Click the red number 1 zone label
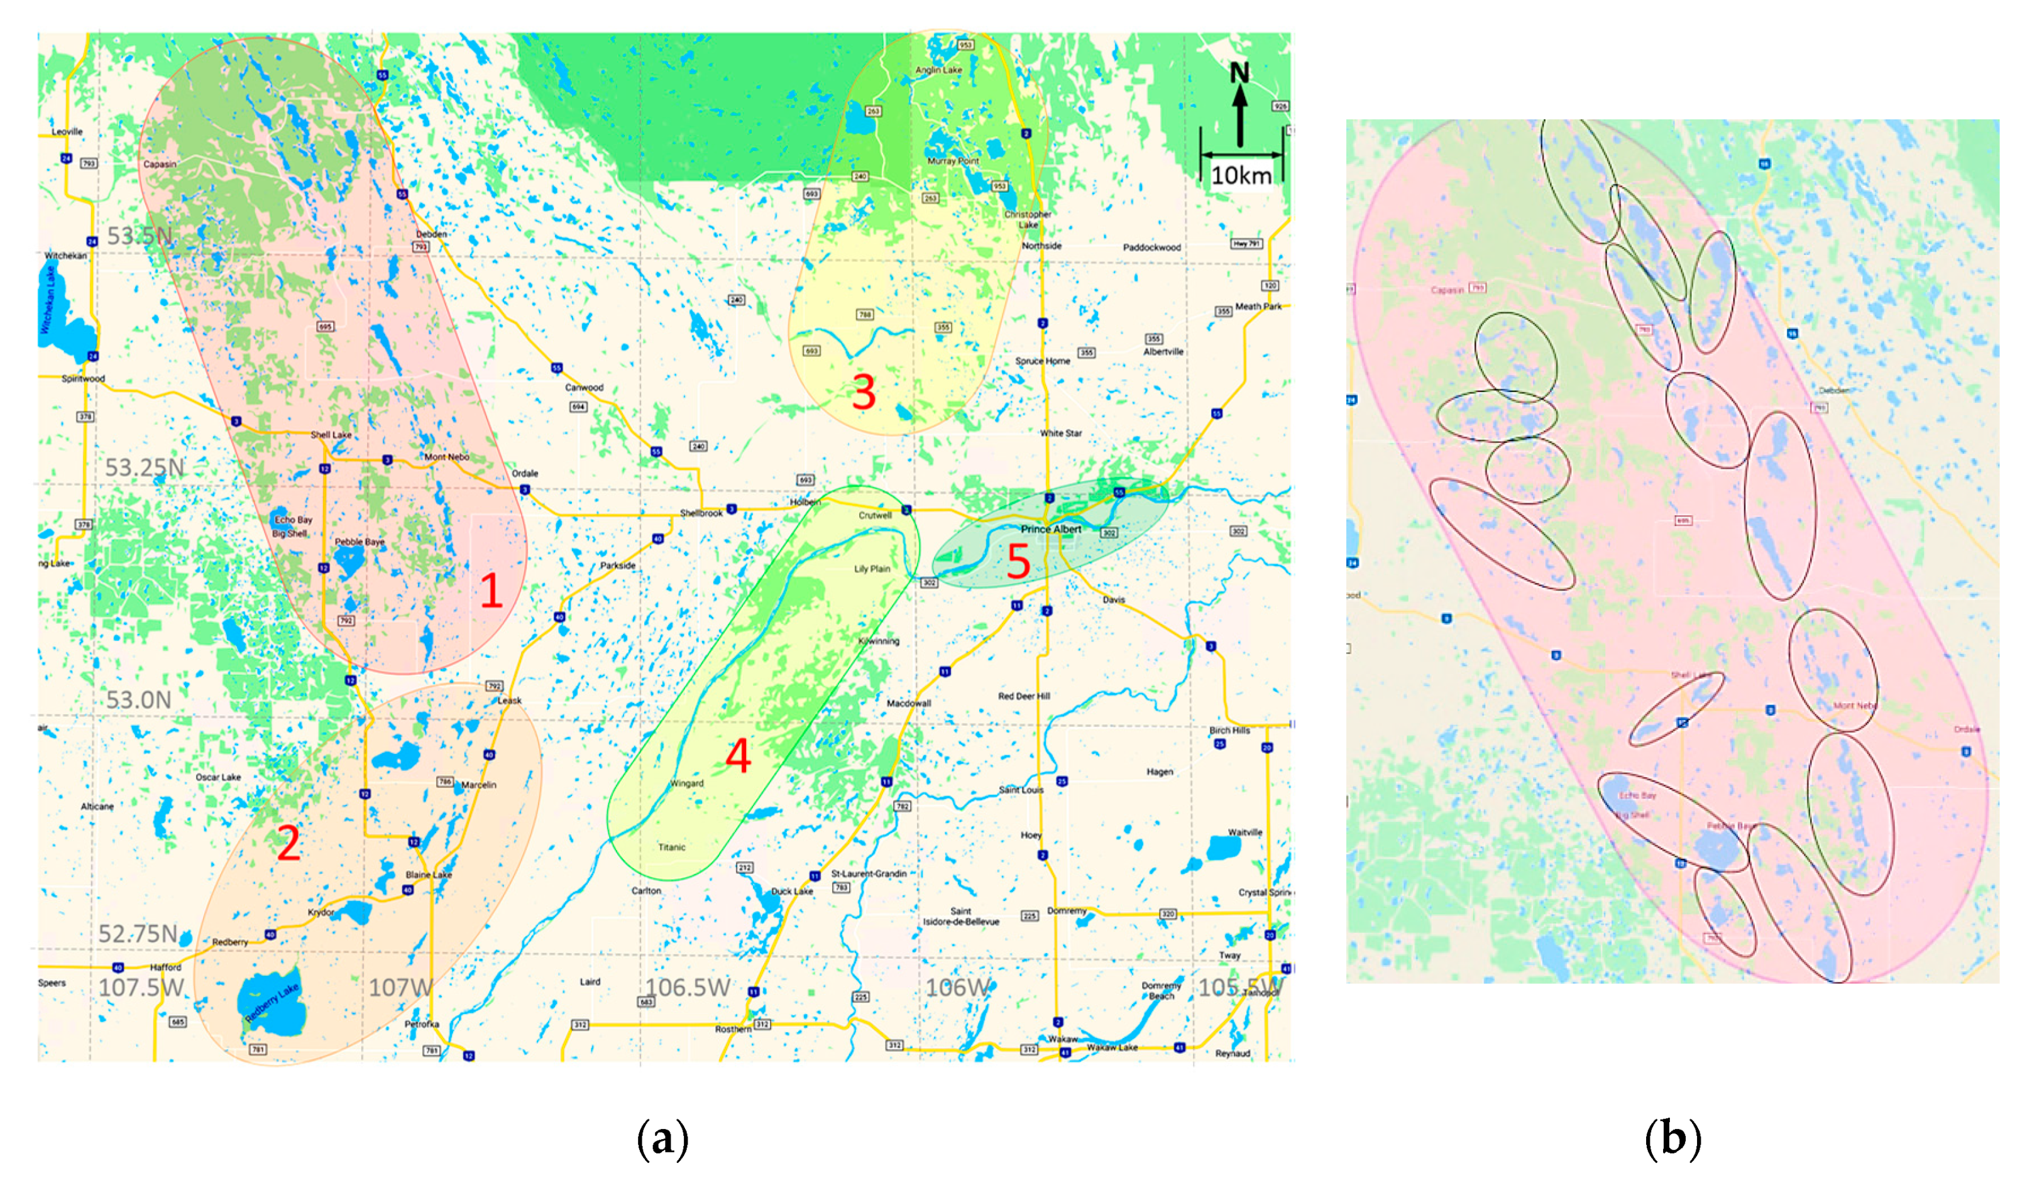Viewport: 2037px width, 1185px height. click(x=491, y=590)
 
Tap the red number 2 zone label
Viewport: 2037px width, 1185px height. click(x=288, y=844)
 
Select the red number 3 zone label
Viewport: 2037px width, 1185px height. click(x=864, y=392)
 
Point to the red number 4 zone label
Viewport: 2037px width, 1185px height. click(x=738, y=756)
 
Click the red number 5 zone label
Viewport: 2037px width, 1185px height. click(x=1018, y=561)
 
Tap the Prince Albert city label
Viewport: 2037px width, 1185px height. click(x=1051, y=530)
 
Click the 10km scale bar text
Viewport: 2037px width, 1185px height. click(x=1241, y=175)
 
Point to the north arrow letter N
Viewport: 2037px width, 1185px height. click(x=1239, y=74)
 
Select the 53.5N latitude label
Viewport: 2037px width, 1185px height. click(x=140, y=236)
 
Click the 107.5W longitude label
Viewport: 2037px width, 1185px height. click(x=141, y=987)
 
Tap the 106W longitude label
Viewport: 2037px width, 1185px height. click(x=958, y=987)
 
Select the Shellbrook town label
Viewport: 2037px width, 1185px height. click(x=701, y=513)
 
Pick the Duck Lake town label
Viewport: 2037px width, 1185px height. click(x=791, y=891)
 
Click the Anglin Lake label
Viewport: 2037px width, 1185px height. click(x=938, y=70)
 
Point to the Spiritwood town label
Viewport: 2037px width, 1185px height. click(x=83, y=378)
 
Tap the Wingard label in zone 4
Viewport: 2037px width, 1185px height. click(x=686, y=784)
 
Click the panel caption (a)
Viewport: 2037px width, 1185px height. click(x=663, y=1139)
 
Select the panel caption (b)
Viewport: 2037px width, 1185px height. click(x=1672, y=1139)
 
